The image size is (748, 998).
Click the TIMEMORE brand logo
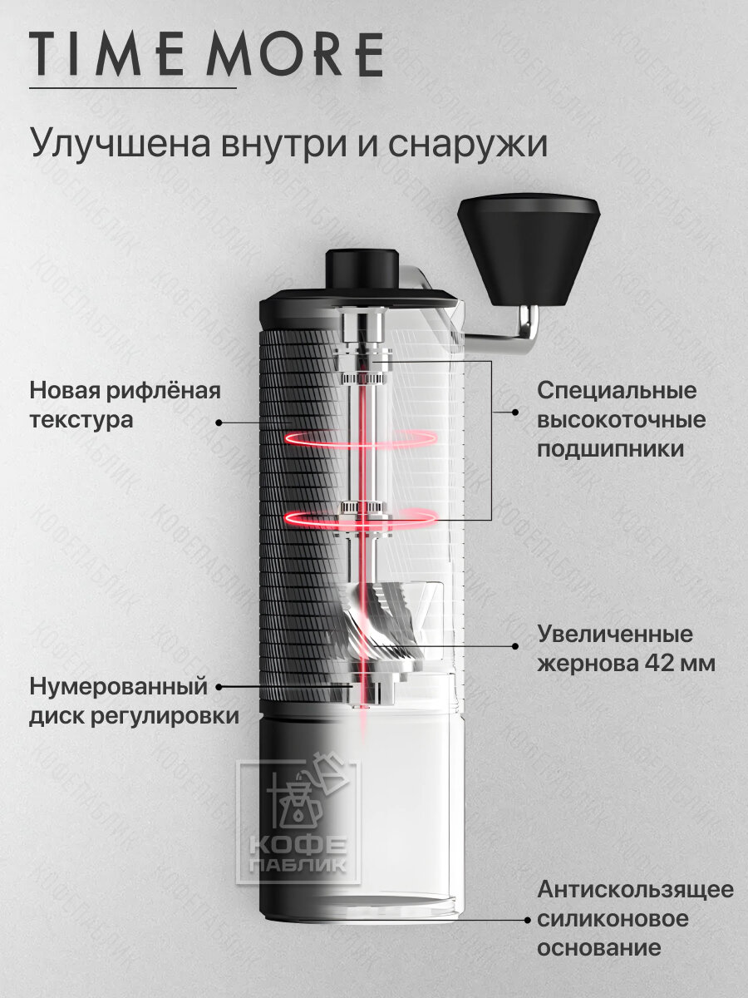tap(206, 55)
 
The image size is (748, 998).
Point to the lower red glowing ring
tap(361, 517)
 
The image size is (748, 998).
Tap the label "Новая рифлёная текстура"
tap(125, 405)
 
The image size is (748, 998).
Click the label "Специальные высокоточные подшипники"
tap(621, 419)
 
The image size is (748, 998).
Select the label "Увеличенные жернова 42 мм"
tap(626, 649)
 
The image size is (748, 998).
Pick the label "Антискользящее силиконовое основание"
tap(635, 919)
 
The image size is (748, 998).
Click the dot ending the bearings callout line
tap(514, 412)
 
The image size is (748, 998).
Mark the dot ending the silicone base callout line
tap(526, 920)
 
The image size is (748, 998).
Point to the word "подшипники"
tap(610, 449)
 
